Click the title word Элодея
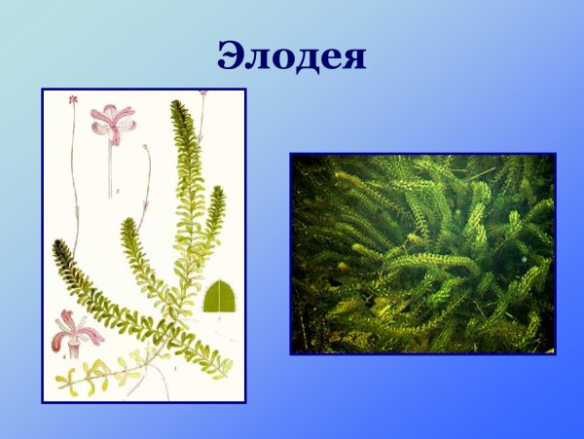(x=292, y=55)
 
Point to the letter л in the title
(x=258, y=58)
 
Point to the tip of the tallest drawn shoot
(x=177, y=105)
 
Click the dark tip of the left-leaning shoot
(x=61, y=245)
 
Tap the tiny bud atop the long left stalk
(x=73, y=99)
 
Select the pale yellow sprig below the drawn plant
(x=97, y=375)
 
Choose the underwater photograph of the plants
(x=422, y=253)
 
